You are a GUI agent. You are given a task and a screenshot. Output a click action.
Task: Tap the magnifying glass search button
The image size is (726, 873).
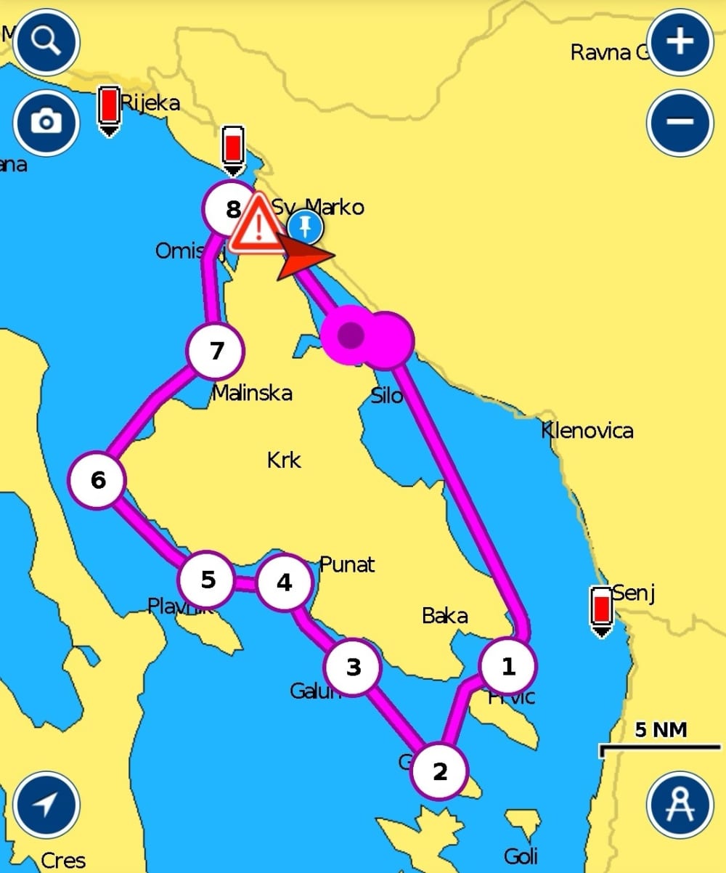[46, 42]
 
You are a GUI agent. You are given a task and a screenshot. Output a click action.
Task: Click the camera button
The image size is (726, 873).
[46, 122]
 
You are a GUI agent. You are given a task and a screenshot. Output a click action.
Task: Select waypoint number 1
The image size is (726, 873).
[508, 666]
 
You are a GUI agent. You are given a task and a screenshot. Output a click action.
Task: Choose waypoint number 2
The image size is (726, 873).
[439, 771]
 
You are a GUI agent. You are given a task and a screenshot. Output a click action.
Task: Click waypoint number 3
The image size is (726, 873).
[353, 667]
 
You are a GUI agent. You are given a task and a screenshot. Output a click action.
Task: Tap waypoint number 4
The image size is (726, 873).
[285, 582]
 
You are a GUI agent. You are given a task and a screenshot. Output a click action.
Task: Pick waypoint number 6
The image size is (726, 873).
[98, 479]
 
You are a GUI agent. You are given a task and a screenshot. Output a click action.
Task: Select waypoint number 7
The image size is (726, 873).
[216, 352]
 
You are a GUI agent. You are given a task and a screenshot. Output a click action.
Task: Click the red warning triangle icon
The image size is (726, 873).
[255, 224]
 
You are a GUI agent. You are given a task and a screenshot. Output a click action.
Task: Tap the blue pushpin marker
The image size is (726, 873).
[306, 227]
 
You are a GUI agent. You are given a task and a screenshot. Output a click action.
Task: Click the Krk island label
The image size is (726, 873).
[284, 460]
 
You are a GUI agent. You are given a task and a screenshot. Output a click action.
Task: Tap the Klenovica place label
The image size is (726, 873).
[587, 431]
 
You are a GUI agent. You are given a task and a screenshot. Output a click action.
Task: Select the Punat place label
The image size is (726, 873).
[347, 564]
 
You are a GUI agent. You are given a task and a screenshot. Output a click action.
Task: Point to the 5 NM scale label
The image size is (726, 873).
[661, 730]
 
